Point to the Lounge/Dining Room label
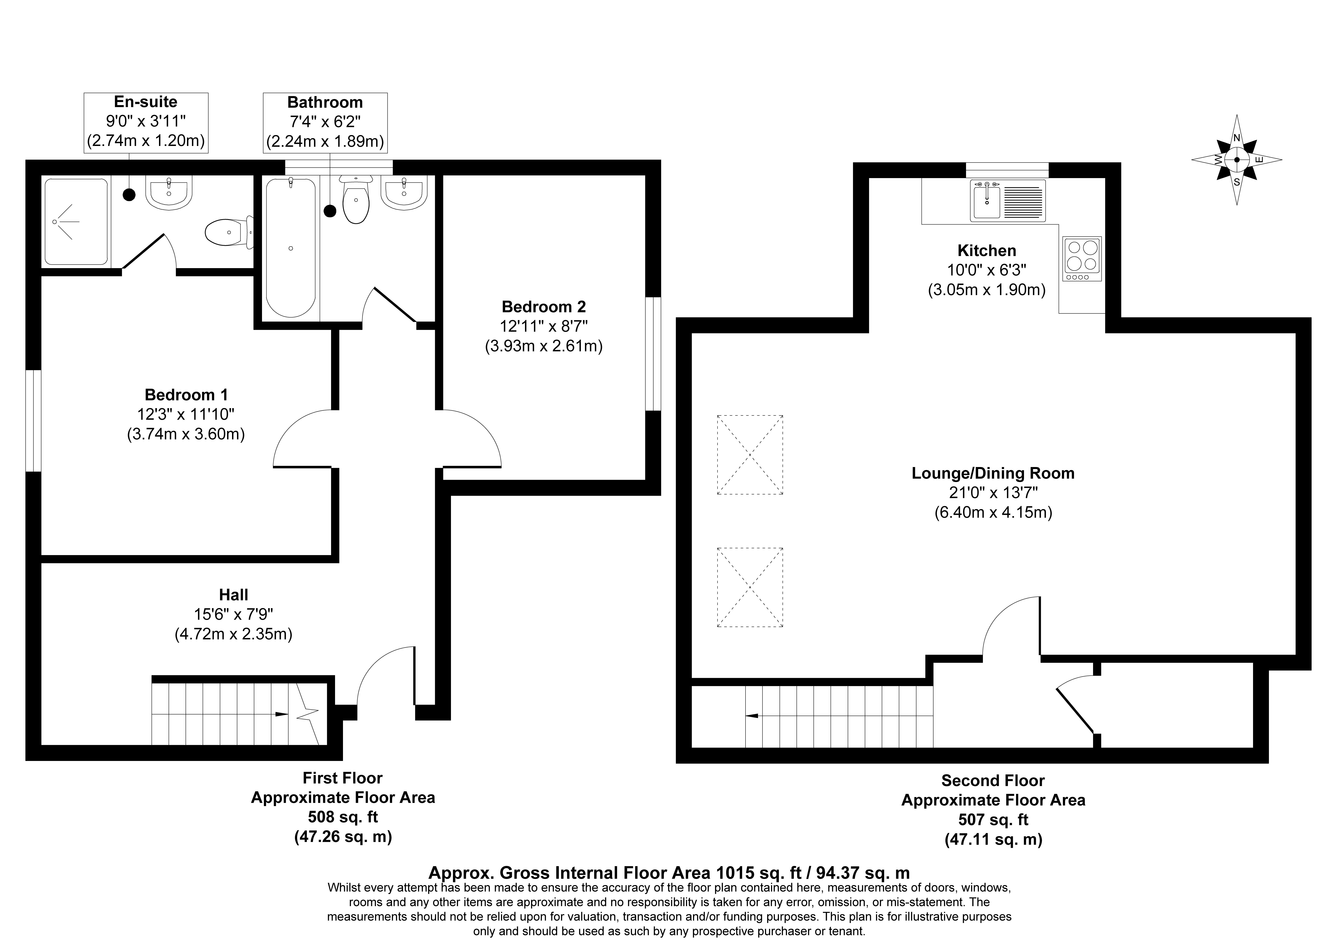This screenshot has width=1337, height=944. (x=993, y=473)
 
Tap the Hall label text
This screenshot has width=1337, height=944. (x=233, y=595)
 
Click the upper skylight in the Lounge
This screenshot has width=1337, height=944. (x=750, y=455)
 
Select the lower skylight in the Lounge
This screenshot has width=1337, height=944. (x=750, y=587)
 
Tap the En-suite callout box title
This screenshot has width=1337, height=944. (x=145, y=102)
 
